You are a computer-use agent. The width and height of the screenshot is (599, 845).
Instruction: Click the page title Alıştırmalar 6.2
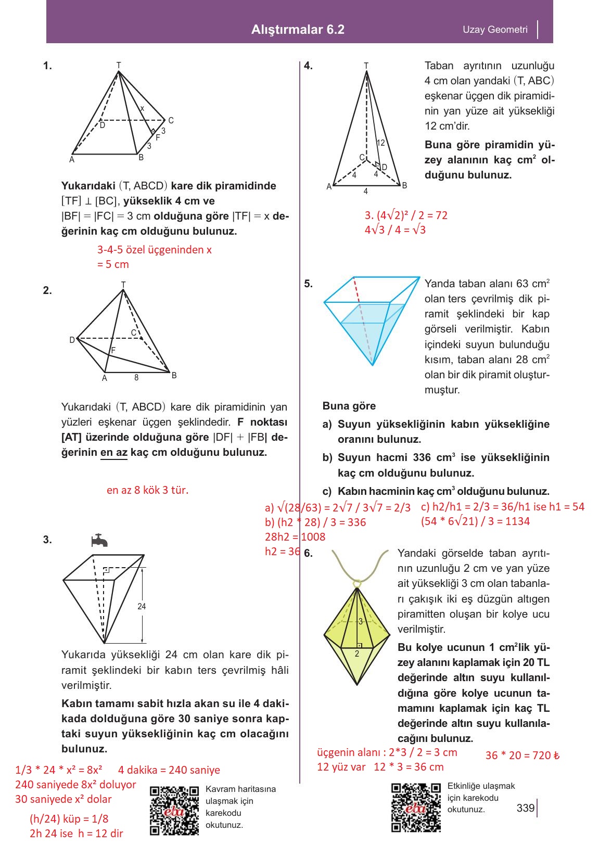[x=298, y=30]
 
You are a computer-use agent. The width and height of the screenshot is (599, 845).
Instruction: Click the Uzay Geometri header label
[x=495, y=30]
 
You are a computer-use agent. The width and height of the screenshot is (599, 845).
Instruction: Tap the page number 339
[x=525, y=808]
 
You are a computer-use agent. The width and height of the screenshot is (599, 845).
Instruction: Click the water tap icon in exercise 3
[x=99, y=541]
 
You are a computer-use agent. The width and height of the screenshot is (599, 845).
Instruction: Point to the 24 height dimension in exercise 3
[x=142, y=606]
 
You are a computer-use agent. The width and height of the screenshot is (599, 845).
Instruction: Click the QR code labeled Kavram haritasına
[x=174, y=810]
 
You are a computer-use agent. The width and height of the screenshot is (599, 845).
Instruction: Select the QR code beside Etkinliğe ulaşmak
[x=416, y=807]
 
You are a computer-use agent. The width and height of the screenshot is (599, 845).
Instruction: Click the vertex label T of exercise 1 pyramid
[x=119, y=65]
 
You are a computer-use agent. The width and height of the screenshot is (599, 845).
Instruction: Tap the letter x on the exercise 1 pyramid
[x=142, y=108]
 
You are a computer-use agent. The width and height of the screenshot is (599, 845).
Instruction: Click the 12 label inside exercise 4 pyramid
[x=380, y=143]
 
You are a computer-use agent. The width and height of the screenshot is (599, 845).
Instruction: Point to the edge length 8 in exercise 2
[x=136, y=378]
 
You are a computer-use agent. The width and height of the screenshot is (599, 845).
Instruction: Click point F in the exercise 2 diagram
[x=113, y=351]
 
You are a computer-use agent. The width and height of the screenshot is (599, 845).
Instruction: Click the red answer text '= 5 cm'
[x=113, y=264]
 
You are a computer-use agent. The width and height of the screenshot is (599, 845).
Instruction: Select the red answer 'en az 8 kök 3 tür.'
[x=147, y=490]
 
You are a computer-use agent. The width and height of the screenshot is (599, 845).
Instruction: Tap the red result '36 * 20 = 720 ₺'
[x=522, y=756]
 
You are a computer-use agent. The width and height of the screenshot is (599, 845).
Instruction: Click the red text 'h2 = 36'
[x=282, y=552]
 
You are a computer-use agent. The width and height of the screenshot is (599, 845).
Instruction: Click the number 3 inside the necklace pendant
[x=360, y=621]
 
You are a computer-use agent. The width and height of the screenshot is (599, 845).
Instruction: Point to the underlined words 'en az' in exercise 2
[x=113, y=452]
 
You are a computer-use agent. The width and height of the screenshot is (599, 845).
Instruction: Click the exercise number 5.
[x=308, y=284]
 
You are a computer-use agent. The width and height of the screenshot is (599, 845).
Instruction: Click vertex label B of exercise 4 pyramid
[x=404, y=185]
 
